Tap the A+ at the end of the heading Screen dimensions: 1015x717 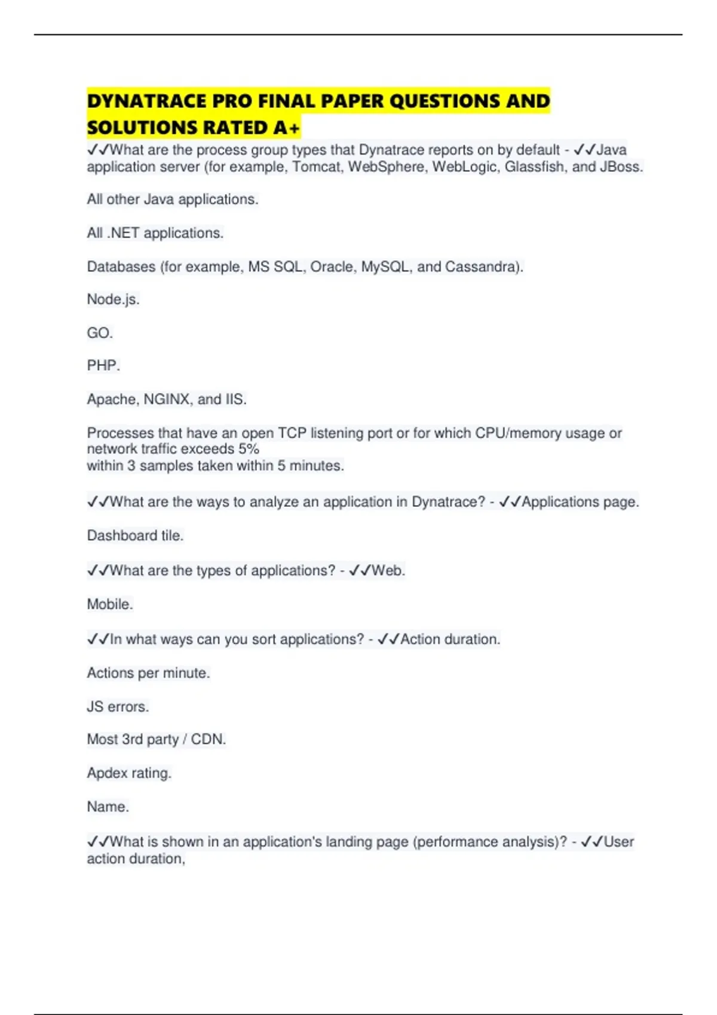pyautogui.click(x=287, y=128)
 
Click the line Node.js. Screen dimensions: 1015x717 pyautogui.click(x=113, y=299)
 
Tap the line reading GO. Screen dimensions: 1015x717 pyautogui.click(x=100, y=333)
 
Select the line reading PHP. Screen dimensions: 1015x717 pyautogui.click(x=103, y=365)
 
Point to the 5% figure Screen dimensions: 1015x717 pyautogui.click(x=248, y=449)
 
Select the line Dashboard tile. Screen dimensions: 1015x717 pyautogui.click(x=135, y=536)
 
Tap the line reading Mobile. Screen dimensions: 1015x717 pyautogui.click(x=110, y=604)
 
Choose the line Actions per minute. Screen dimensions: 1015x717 pyautogui.click(x=148, y=673)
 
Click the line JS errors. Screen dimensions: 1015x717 pyautogui.click(x=118, y=706)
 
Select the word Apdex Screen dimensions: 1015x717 pyautogui.click(x=107, y=773)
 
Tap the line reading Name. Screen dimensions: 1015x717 pyautogui.click(x=108, y=807)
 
